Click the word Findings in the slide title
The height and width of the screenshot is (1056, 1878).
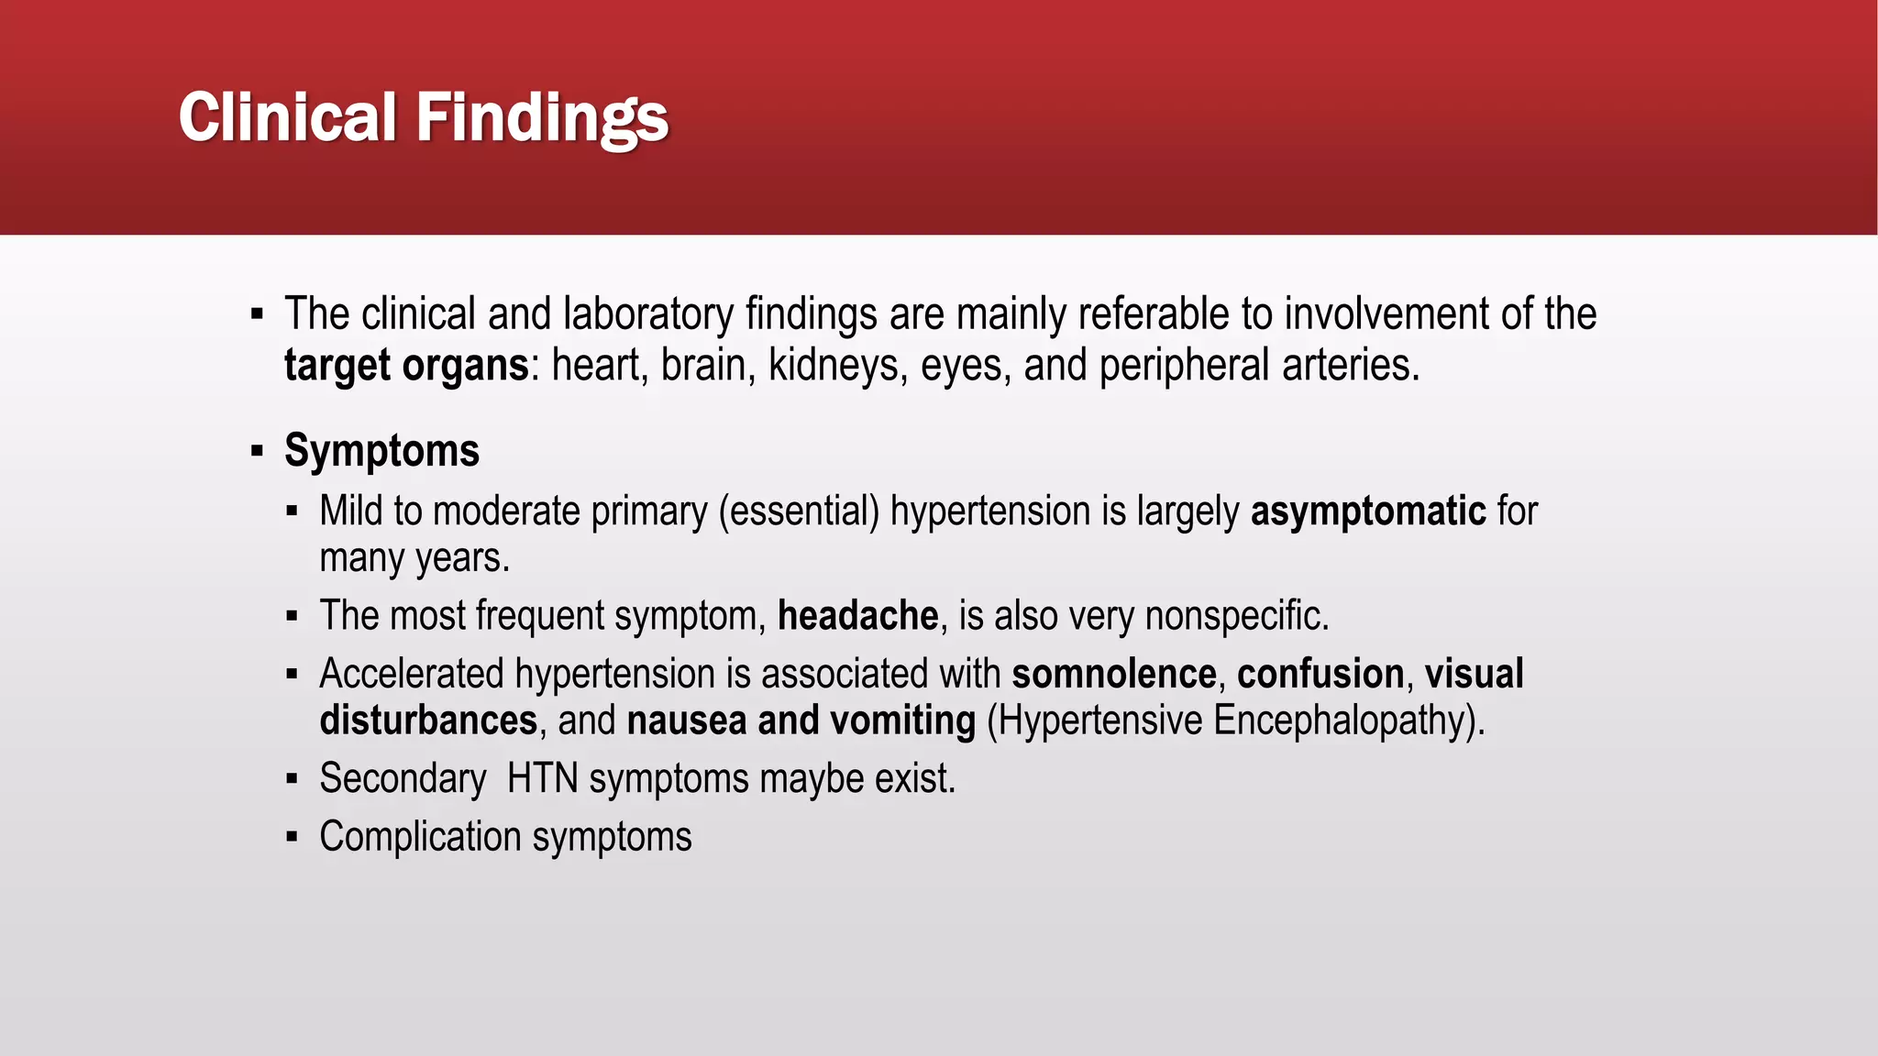coord(542,118)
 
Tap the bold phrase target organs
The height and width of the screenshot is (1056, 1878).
coord(405,366)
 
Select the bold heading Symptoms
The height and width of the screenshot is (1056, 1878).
coord(381,451)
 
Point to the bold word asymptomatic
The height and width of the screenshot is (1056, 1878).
coord(1367,511)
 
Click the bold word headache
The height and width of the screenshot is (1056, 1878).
coord(857,616)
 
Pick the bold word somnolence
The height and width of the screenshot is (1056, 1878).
coord(1113,674)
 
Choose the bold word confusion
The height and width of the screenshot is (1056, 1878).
coord(1320,674)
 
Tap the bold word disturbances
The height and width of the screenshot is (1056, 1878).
coord(428,720)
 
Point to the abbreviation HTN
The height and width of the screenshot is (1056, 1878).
coord(542,779)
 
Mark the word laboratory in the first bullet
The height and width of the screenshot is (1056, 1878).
coord(647,314)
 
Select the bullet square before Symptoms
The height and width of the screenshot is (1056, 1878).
coord(257,452)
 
